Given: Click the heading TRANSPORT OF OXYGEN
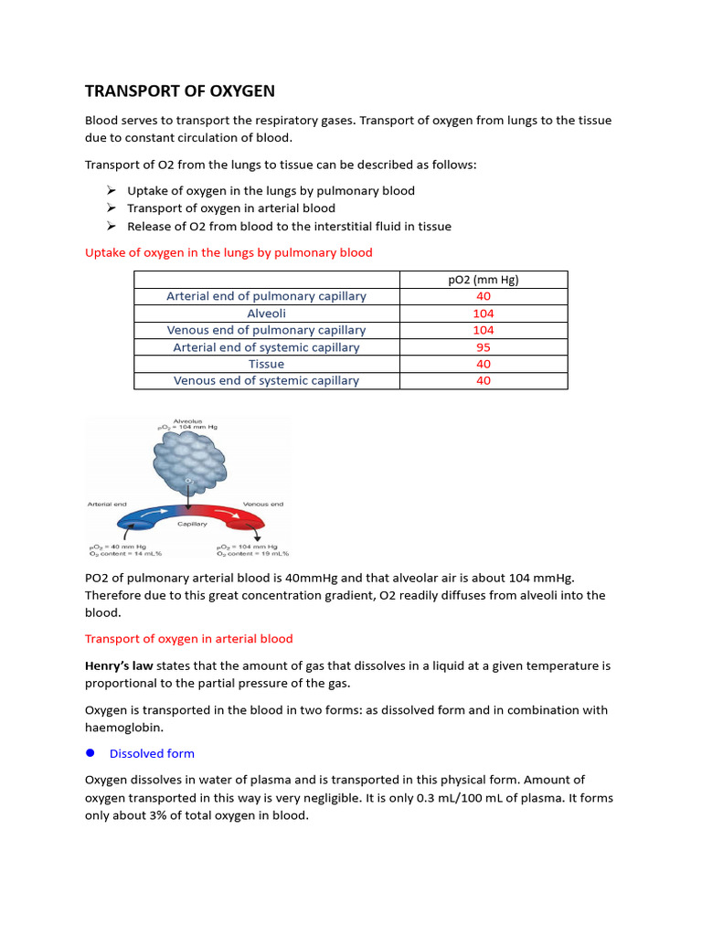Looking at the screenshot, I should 179,91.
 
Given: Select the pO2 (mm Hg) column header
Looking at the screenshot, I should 484,280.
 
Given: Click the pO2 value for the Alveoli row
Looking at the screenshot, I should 484,314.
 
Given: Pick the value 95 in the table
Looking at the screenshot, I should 484,347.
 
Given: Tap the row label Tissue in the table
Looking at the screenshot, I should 266,364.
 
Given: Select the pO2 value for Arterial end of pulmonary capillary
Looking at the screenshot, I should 484,296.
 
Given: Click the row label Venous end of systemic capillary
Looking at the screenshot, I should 266,380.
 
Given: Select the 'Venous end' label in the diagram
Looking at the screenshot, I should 261,503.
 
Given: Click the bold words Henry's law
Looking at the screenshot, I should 119,666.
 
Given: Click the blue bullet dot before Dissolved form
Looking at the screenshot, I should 90,753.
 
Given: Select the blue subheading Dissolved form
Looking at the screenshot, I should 152,753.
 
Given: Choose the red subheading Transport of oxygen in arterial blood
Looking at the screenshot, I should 188,638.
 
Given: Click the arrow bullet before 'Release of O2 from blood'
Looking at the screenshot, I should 110,226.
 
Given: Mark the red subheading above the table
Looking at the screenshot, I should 229,252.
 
